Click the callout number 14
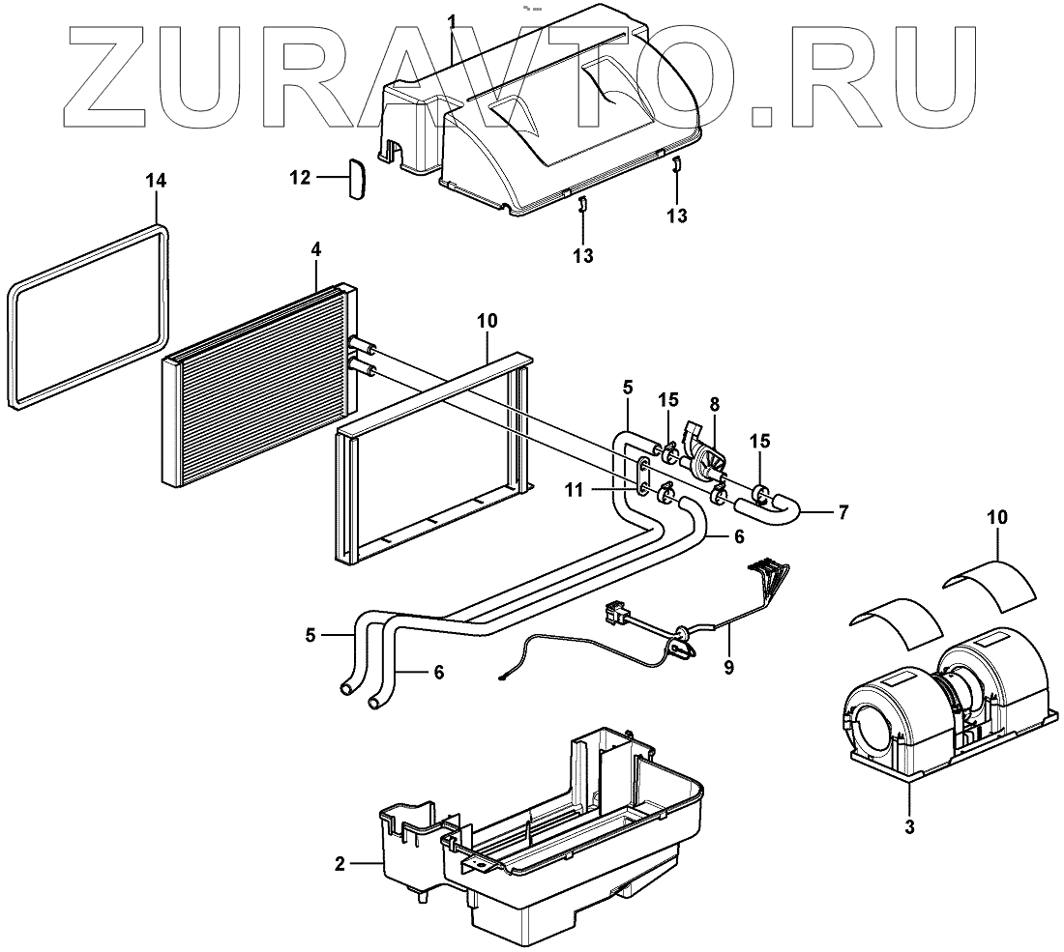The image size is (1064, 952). coord(156,181)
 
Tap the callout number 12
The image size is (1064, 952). coord(299,178)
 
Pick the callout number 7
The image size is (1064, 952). coord(843,512)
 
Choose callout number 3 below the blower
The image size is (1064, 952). coord(910,827)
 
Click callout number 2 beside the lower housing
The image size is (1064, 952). coord(340,863)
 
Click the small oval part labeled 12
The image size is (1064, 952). coord(356,181)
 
